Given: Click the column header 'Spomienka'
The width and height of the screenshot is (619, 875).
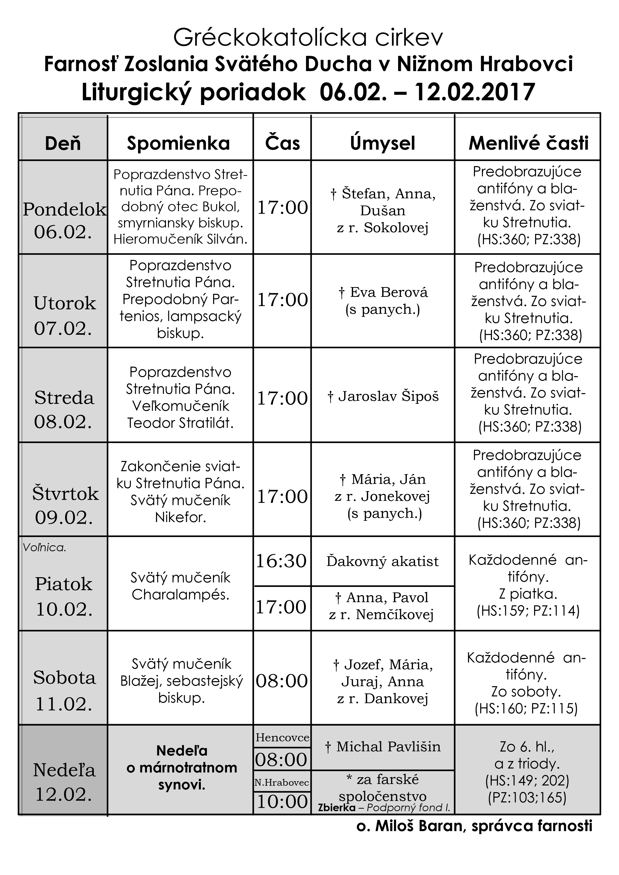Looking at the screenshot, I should tap(178, 143).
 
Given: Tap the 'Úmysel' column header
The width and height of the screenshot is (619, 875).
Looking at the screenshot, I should tap(383, 143).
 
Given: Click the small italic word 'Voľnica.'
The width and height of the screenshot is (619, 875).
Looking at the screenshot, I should tap(45, 548).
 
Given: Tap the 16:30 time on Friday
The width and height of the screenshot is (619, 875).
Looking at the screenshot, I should tap(282, 561).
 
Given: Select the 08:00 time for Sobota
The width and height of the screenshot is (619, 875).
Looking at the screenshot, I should tap(282, 681).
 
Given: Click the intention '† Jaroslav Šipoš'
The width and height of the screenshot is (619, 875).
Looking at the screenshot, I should tap(383, 396).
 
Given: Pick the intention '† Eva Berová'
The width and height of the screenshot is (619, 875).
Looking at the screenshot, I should tap(383, 292).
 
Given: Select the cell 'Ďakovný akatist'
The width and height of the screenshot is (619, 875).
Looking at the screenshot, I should tap(383, 561).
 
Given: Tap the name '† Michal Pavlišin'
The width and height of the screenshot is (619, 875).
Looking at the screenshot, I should tap(383, 746).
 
